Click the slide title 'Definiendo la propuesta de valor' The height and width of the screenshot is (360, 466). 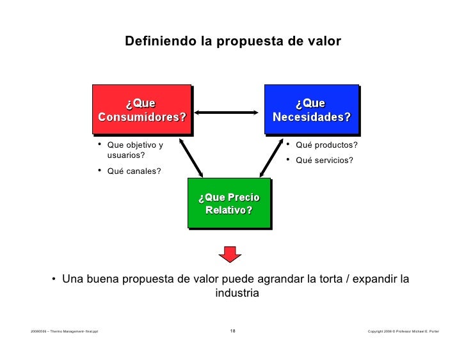[x=233, y=42]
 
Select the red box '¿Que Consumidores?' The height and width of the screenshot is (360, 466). [x=141, y=110]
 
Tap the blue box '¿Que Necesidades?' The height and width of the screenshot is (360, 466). [x=311, y=110]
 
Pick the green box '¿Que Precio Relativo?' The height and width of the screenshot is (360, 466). [x=229, y=203]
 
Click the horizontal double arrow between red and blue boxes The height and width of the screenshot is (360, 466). [x=229, y=113]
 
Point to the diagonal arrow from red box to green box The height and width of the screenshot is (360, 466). [x=191, y=158]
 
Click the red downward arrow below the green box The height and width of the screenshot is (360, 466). [x=229, y=253]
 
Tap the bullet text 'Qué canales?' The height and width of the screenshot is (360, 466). [x=134, y=171]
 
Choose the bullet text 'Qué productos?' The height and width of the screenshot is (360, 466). [x=326, y=145]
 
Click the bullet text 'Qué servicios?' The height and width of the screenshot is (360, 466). [x=324, y=160]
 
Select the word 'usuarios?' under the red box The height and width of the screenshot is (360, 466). [x=126, y=155]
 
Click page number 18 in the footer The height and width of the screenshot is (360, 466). [x=232, y=331]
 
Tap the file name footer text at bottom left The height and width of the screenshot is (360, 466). [x=64, y=331]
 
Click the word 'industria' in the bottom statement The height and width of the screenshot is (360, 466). [x=237, y=293]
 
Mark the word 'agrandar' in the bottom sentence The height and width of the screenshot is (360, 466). [x=284, y=279]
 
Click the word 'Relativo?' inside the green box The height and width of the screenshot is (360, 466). [x=229, y=210]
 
